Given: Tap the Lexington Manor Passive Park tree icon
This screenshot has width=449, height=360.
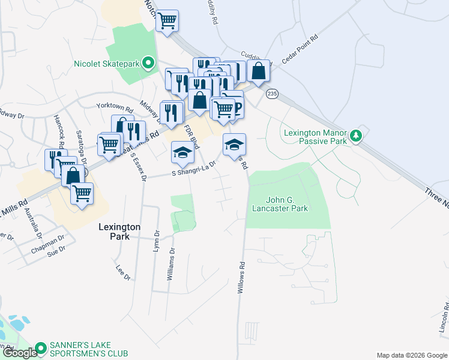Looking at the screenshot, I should click(x=357, y=136).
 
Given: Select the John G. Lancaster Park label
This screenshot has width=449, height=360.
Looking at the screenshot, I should click(x=287, y=204).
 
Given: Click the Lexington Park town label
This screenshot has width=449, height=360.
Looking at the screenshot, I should click(x=119, y=232).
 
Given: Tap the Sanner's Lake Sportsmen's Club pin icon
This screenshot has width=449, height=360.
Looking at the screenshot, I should click(x=40, y=348).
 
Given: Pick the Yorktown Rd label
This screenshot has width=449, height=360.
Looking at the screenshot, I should click(x=114, y=107).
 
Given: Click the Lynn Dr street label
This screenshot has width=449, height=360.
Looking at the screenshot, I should click(x=156, y=241).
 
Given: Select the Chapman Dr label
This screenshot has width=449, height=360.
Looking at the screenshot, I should click(x=50, y=242).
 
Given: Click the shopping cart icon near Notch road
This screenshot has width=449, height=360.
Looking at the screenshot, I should click(x=167, y=21).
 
